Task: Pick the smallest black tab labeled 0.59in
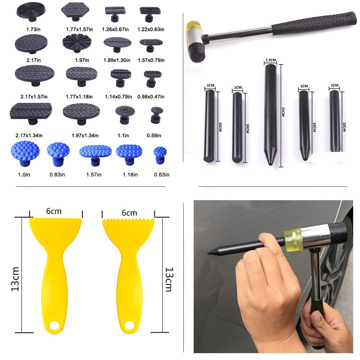click(x=157, y=114)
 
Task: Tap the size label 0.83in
click(x=58, y=175)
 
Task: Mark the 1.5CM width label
click(x=270, y=60)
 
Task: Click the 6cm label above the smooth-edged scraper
click(x=54, y=212)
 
